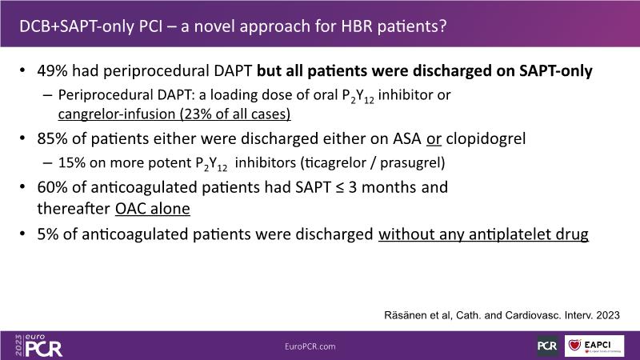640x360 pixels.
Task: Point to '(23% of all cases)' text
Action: pyautogui.click(x=232, y=114)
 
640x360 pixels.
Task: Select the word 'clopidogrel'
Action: pyautogui.click(x=486, y=139)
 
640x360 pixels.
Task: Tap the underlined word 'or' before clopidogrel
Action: pyautogui.click(x=434, y=139)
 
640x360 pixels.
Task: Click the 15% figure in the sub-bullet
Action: pyautogui.click(x=72, y=162)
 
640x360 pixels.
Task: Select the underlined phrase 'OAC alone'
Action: pyautogui.click(x=153, y=209)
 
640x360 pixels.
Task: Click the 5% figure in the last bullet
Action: pyautogui.click(x=48, y=234)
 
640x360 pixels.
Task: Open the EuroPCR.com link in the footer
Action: pyautogui.click(x=310, y=346)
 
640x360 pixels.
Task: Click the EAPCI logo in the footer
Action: pyautogui.click(x=594, y=346)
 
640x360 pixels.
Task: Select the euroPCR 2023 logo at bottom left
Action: pyautogui.click(x=38, y=346)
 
